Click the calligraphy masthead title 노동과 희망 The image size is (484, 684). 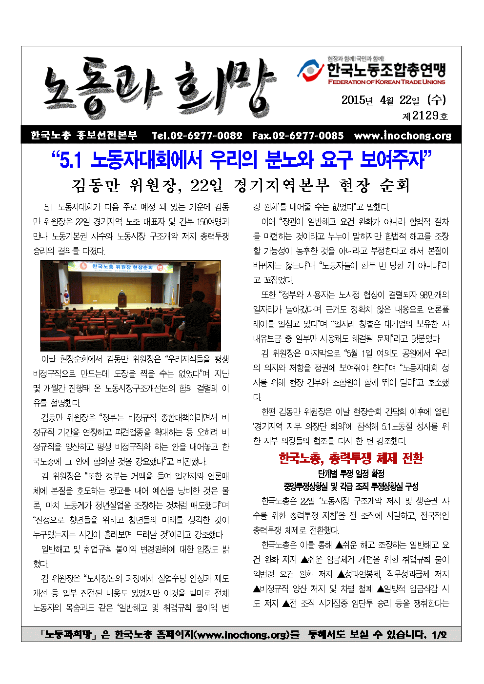(159, 88)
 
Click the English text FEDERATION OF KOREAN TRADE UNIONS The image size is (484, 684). (386, 82)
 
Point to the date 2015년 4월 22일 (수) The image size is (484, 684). (393, 100)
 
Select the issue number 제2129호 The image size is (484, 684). (424, 116)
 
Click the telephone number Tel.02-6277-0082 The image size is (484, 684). (197, 136)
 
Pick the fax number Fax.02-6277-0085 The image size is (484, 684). (298, 136)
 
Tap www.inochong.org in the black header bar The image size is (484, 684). (403, 136)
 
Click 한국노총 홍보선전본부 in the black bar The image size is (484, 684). (84, 136)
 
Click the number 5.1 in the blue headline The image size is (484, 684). (70, 160)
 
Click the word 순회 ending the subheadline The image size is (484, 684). (395, 185)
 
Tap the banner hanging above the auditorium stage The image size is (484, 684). (123, 267)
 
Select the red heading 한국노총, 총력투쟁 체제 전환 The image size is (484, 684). (351, 458)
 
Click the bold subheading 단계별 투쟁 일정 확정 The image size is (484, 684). (351, 473)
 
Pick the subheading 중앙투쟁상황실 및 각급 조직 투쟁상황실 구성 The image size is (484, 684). (351, 486)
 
